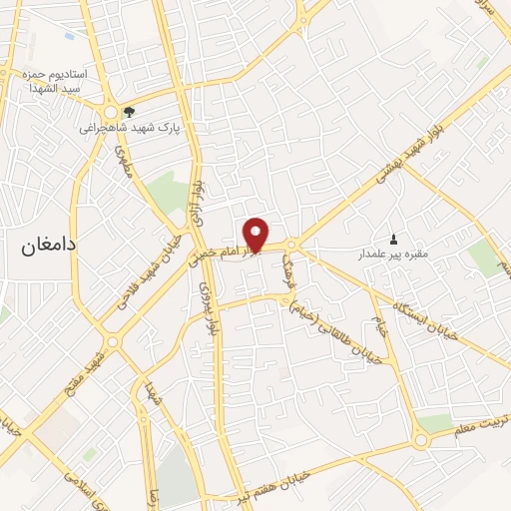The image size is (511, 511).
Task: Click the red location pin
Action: click(255, 235)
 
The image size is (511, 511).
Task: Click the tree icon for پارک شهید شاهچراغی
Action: click(128, 111)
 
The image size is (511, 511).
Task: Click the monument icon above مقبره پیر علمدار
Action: click(393, 239)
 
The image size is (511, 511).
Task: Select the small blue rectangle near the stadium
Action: click(69, 36)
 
